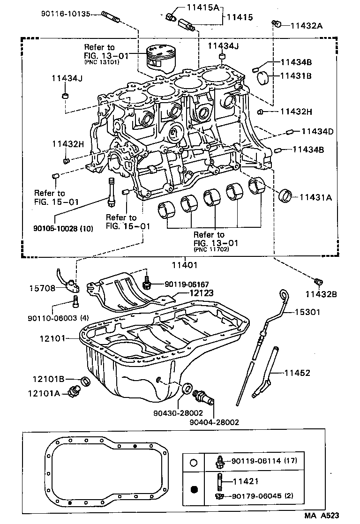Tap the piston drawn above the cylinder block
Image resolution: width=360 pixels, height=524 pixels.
pyautogui.click(x=159, y=59)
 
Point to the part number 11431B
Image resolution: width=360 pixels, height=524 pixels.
pyautogui.click(x=296, y=75)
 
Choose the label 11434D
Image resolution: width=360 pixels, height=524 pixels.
pyautogui.click(x=317, y=131)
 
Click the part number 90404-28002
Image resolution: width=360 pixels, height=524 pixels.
pyautogui.click(x=214, y=422)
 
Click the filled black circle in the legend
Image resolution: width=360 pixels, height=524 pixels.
pyautogui.click(x=195, y=490)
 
